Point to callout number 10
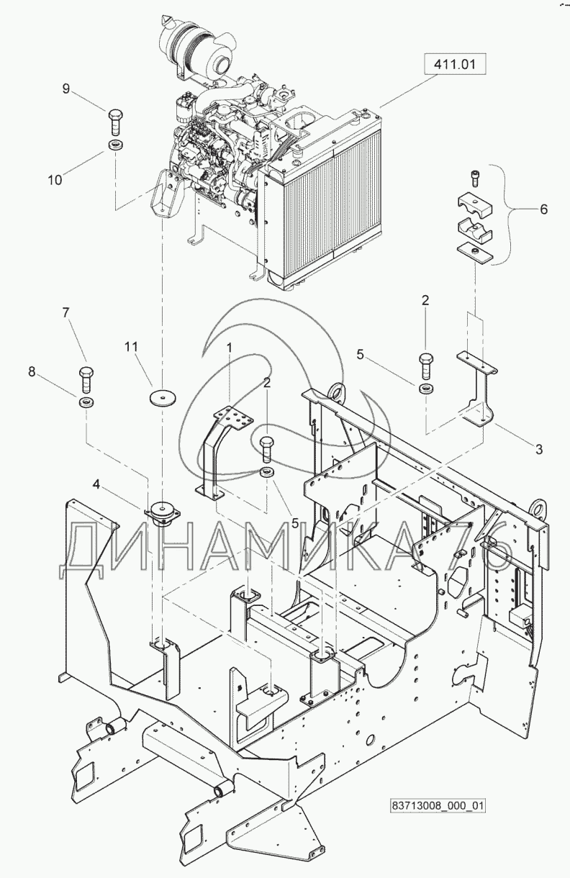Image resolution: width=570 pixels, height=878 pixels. point(55,180)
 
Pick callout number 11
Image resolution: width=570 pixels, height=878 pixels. point(130,346)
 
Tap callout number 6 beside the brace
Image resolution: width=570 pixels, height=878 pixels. point(543,209)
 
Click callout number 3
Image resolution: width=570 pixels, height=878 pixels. point(538,450)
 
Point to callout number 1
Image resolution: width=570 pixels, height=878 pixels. point(230,347)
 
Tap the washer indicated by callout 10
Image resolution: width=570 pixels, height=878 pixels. point(114,147)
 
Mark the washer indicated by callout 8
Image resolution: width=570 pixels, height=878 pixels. point(85,401)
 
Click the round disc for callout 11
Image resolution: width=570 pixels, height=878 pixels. point(163,397)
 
